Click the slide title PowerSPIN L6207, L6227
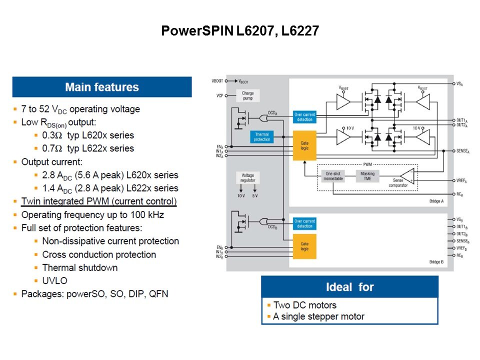(240, 31)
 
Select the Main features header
(102, 87)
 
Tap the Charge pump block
(248, 95)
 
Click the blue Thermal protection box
(261, 137)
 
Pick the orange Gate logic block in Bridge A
(304, 145)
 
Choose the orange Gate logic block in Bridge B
(304, 246)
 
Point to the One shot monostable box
(332, 175)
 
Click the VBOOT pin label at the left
(217, 80)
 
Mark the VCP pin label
(219, 95)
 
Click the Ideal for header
(349, 287)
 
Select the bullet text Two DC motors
(304, 305)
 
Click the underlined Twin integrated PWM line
(98, 201)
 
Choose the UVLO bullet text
(54, 280)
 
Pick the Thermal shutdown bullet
(80, 267)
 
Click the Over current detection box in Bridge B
(304, 223)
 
